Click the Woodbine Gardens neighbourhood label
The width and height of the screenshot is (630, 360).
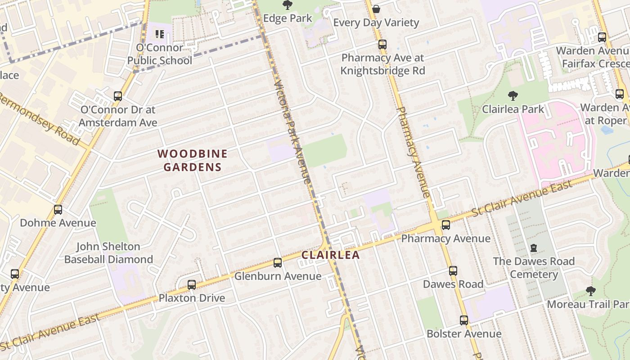pos(193,160)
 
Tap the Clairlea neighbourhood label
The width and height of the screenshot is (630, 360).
pos(330,255)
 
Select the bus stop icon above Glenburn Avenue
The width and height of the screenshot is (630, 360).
pos(278,262)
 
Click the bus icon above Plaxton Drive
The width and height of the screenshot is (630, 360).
pos(192,284)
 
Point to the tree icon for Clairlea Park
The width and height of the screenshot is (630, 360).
pos(512,95)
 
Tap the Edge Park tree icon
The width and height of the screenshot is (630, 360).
pos(287,5)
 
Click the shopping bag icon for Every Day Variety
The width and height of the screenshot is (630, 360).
pos(376,9)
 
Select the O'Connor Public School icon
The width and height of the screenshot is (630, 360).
pos(159,34)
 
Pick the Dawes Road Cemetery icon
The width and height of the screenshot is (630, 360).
pos(534,247)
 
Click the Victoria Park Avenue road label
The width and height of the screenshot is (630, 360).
pos(292,131)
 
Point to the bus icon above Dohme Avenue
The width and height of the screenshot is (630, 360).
pos(58,209)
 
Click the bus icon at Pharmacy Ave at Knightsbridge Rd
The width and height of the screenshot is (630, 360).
pos(382,44)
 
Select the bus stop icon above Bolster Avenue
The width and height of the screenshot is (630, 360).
pos(464,320)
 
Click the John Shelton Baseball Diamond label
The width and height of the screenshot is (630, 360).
pos(108,253)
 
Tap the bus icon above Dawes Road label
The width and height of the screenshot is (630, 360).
pos(453,271)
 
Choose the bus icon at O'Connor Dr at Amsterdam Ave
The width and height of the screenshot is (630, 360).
pos(118,96)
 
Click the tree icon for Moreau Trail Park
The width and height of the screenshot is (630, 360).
pos(591,291)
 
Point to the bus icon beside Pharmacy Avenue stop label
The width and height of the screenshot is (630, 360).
pos(446,225)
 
